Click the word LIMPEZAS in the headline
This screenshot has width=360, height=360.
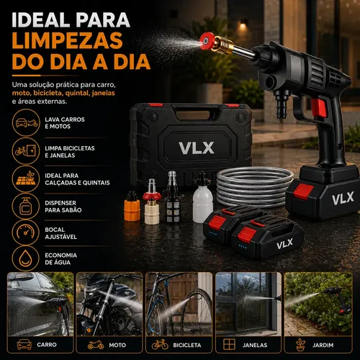(68, 40)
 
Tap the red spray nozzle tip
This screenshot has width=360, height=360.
(207, 41)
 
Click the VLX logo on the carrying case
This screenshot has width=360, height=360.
(197, 148)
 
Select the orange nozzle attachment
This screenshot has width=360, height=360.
(132, 206)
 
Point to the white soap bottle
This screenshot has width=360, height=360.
(202, 198)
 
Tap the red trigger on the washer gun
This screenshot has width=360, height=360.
(319, 108)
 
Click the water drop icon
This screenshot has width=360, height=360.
(26, 258)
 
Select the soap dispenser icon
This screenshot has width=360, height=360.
(26, 206)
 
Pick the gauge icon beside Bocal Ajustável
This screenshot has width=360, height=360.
(26, 233)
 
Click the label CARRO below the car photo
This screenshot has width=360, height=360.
(47, 345)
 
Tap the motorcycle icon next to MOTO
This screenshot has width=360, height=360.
(96, 345)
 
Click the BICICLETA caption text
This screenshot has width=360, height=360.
(187, 345)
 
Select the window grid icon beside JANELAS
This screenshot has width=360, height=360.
(229, 344)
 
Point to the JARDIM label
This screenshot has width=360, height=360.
(323, 345)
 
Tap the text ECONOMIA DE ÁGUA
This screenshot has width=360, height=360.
(61, 258)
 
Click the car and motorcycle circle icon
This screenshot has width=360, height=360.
(26, 122)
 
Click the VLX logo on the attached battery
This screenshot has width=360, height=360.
(343, 198)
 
